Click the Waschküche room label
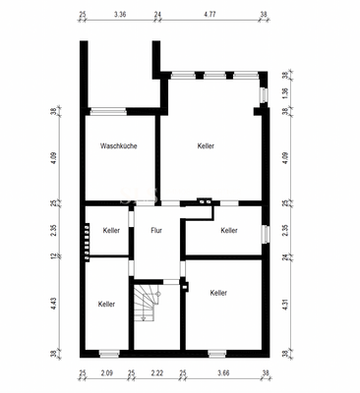tap(118, 146)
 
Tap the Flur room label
tap(156, 231)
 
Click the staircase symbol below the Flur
tap(147, 303)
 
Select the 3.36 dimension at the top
tap(120, 15)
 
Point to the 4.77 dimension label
tap(210, 15)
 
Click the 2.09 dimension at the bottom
tap(107, 373)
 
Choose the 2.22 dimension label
tap(157, 373)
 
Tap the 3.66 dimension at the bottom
tap(223, 373)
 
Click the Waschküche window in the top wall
tap(108, 111)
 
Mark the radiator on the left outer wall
tap(87, 242)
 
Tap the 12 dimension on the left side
tap(55, 256)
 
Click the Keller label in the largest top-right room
tap(206, 146)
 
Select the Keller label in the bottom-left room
tap(106, 305)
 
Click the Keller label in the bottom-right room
tap(218, 293)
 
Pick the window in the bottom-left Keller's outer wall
tap(109, 354)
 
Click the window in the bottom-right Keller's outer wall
tap(217, 354)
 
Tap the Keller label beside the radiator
tap(111, 231)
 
